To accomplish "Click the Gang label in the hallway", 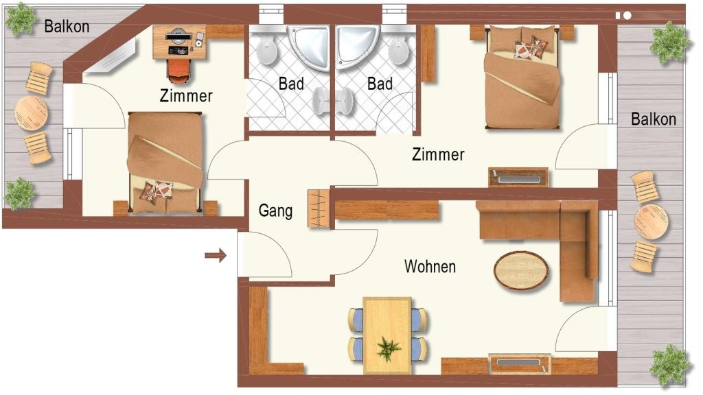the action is pyautogui.click(x=275, y=211).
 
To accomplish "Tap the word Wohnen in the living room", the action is pyautogui.click(x=430, y=267).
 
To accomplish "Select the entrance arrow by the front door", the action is pyautogui.click(x=216, y=256).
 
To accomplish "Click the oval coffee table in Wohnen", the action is pyautogui.click(x=521, y=271).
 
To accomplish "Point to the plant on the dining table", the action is pyautogui.click(x=389, y=349).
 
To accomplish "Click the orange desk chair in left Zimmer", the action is pyautogui.click(x=179, y=71).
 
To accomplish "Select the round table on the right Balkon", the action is pyautogui.click(x=651, y=222).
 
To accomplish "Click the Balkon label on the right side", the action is pyautogui.click(x=654, y=119).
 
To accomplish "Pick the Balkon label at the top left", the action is pyautogui.click(x=67, y=27).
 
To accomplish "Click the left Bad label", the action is pyautogui.click(x=291, y=83).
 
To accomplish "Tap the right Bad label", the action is pyautogui.click(x=380, y=83).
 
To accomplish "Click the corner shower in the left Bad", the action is pyautogui.click(x=309, y=47).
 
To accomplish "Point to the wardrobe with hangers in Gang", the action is pyautogui.click(x=319, y=208).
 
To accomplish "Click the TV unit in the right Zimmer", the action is pyautogui.click(x=518, y=178).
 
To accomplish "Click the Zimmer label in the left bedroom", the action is pyautogui.click(x=186, y=96).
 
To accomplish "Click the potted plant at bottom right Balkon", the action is pyautogui.click(x=670, y=365).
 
